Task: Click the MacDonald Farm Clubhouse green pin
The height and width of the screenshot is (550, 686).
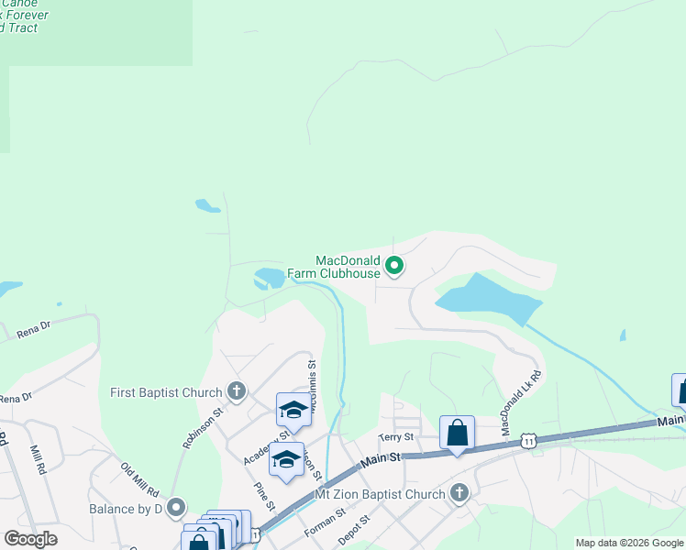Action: click(x=394, y=266)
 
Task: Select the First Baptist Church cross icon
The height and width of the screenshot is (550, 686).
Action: click(x=237, y=391)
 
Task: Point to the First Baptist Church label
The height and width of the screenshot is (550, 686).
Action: click(x=166, y=392)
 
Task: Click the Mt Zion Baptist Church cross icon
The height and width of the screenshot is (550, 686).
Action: click(x=459, y=494)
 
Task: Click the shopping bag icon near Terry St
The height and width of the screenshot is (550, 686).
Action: click(x=457, y=432)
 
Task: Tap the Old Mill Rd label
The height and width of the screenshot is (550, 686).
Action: click(x=140, y=478)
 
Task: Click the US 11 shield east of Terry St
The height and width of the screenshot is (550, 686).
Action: click(x=529, y=441)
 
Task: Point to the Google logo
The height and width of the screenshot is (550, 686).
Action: click(x=30, y=539)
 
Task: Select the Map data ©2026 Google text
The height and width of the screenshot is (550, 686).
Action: click(x=629, y=543)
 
